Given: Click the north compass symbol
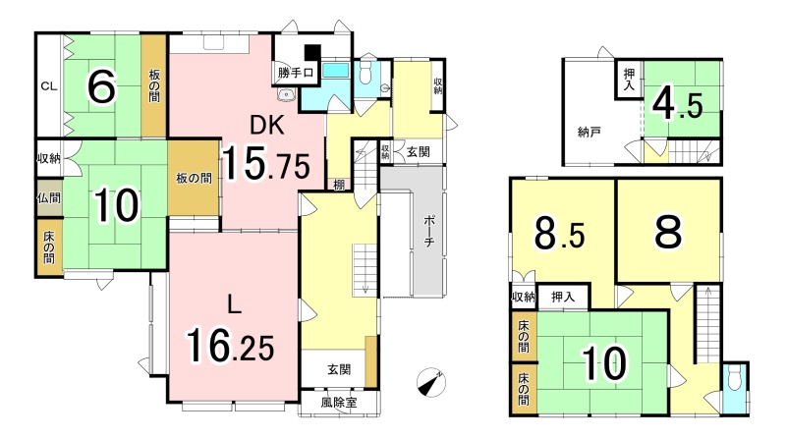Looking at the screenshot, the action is click(431, 382).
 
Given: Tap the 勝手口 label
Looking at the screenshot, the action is click(296, 73).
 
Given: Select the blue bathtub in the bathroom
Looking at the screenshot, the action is click(335, 71).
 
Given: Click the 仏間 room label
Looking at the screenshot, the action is click(49, 198).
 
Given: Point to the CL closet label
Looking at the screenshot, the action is click(48, 86).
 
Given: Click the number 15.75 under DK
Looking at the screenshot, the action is click(266, 162).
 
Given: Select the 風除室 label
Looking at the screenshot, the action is click(339, 402).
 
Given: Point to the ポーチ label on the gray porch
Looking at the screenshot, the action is click(429, 231).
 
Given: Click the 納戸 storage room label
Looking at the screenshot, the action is click(589, 133).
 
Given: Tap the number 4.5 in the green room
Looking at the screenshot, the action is click(677, 105).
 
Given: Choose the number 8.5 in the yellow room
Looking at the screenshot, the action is click(559, 233).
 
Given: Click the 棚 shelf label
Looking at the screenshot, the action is click(339, 185).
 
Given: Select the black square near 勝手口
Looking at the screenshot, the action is click(312, 52).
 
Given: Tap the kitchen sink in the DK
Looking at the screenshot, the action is click(286, 93).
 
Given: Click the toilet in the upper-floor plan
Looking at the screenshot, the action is click(734, 375).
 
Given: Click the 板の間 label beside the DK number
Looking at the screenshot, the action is click(194, 178).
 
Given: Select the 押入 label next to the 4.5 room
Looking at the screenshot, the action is click(629, 81).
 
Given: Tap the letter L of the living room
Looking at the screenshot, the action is click(233, 304).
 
